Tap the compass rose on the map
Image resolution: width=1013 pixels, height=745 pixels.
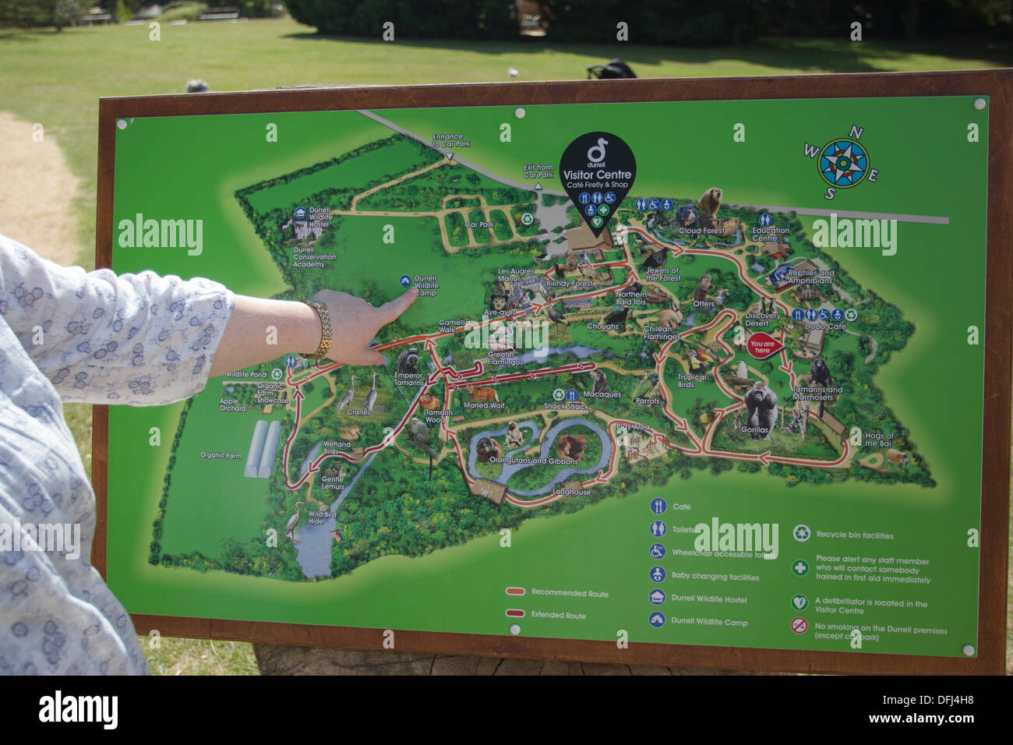pyautogui.click(x=844, y=163)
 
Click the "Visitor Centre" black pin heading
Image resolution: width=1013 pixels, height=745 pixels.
pyautogui.click(x=597, y=175)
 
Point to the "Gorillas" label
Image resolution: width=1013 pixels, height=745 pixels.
pyautogui.click(x=754, y=429)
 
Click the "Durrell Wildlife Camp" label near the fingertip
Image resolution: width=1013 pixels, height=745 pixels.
pyautogui.click(x=425, y=285)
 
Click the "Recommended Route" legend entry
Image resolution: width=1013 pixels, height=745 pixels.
pyautogui.click(x=570, y=593)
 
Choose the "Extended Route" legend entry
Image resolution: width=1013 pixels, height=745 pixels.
pyautogui.click(x=558, y=615)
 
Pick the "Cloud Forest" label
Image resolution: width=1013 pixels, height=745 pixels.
pyautogui.click(x=701, y=231)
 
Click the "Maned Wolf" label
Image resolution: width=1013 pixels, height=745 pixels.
pyautogui.click(x=484, y=405)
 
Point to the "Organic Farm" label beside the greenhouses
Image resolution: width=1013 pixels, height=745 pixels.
pyautogui.click(x=221, y=455)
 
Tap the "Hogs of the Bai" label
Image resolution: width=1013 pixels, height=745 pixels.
pyautogui.click(x=879, y=440)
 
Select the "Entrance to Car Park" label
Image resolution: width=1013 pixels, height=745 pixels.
pyautogui.click(x=451, y=140)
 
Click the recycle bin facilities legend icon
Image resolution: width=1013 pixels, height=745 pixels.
pyautogui.click(x=801, y=534)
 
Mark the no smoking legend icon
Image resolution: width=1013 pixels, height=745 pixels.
pyautogui.click(x=799, y=625)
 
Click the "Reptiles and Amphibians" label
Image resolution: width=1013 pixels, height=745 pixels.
pyautogui.click(x=810, y=277)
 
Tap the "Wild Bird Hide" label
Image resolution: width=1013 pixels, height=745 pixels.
pyautogui.click(x=322, y=517)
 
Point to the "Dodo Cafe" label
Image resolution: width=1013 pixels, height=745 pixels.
pyautogui.click(x=824, y=327)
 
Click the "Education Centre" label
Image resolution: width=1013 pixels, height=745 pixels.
pyautogui.click(x=771, y=234)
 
